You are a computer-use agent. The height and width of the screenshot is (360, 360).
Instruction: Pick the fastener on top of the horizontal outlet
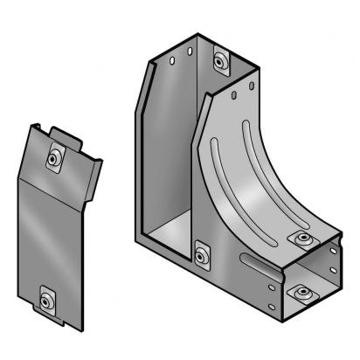click(x=302, y=239)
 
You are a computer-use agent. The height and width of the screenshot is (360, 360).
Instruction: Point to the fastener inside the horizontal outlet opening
click(x=302, y=290)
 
